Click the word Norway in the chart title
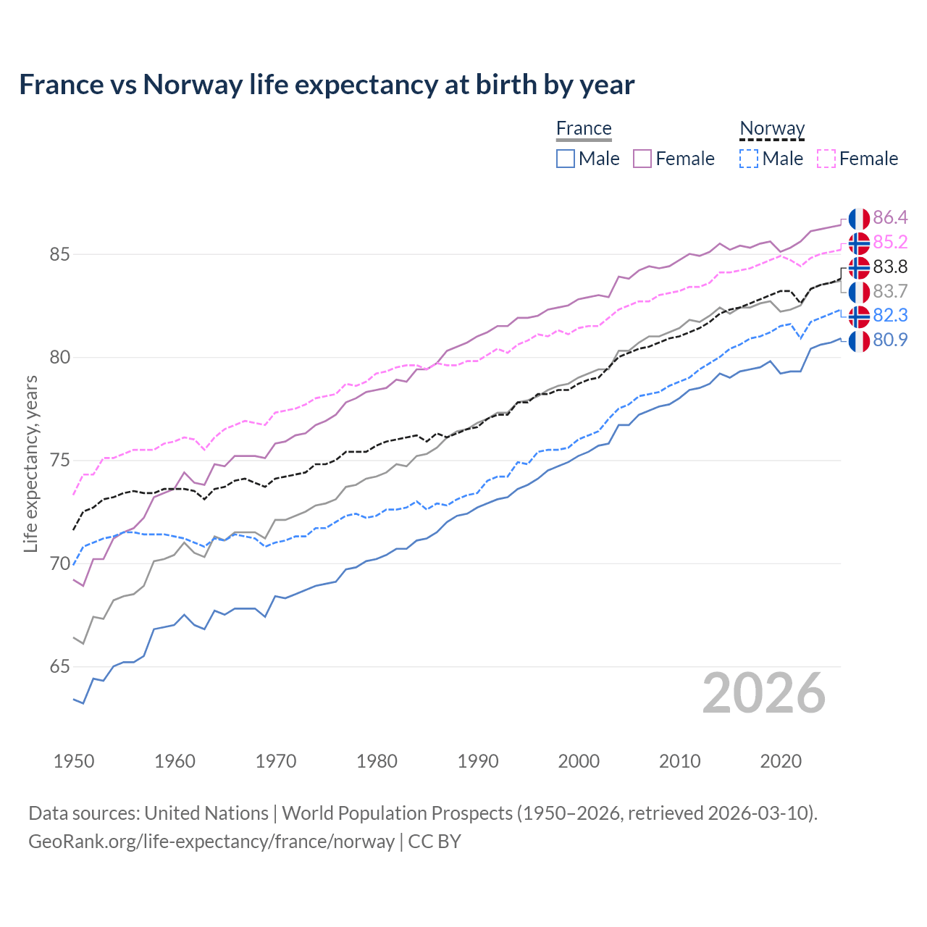[x=193, y=85]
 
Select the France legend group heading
[x=584, y=128]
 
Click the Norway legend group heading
[x=772, y=128]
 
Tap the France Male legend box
[x=566, y=159]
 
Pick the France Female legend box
[x=642, y=159]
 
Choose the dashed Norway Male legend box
[x=749, y=159]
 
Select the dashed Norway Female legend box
[x=826, y=159]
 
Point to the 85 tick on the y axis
[x=59, y=254]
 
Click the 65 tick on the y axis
[x=59, y=666]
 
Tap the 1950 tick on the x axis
[x=74, y=761]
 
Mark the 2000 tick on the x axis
[x=579, y=761]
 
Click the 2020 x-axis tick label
[x=781, y=761]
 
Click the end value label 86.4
[x=890, y=218]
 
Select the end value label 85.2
[x=890, y=242]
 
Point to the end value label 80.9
[x=890, y=340]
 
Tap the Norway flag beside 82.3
[x=859, y=316]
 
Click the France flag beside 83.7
[x=859, y=292]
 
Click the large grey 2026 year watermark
[x=764, y=693]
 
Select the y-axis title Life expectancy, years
[x=30, y=463]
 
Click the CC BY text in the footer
[x=435, y=842]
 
